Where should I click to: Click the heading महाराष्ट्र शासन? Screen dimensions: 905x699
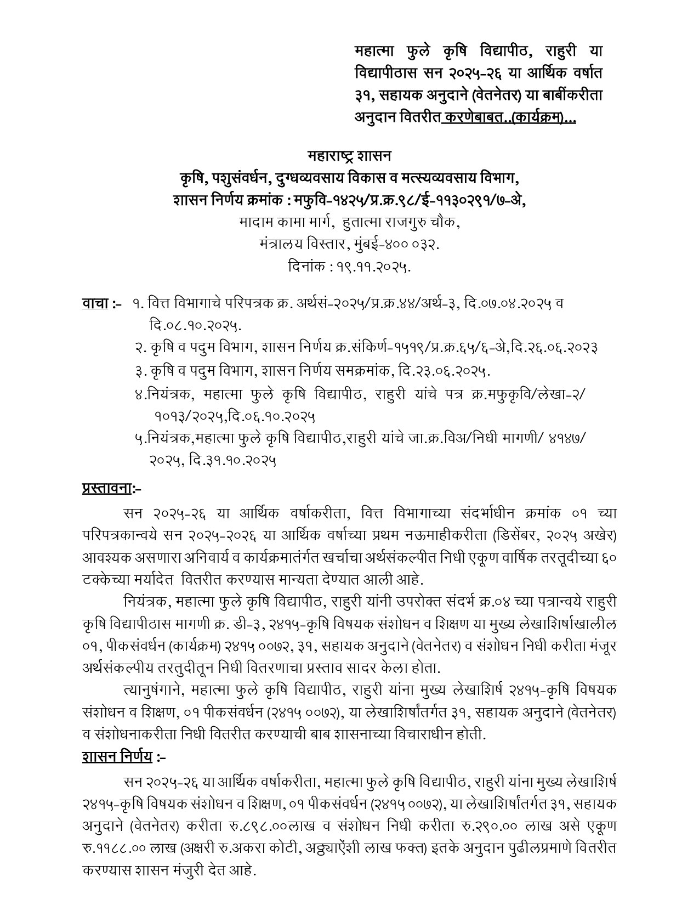point(349,156)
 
